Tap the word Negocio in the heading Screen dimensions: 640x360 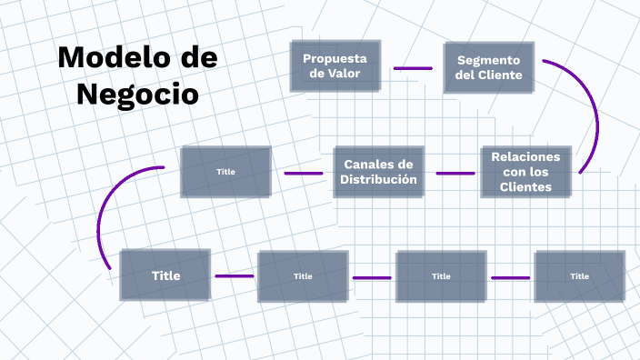pos(137,93)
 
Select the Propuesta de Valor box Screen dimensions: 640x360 pos(335,66)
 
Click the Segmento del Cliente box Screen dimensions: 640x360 pos(488,67)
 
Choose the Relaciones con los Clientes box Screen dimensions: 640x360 pos(525,172)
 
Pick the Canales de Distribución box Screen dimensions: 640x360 pos(378,172)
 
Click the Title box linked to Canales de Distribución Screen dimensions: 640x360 pos(225,172)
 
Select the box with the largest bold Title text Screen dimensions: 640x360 pos(165,275)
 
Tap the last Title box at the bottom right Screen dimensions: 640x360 pos(579,276)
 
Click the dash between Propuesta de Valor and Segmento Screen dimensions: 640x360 pos(413,68)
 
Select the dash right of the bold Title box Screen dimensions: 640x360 pos(234,276)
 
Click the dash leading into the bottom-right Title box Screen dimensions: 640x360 pos(510,276)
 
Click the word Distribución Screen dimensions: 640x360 pos(378,180)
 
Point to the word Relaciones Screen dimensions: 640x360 pos(525,156)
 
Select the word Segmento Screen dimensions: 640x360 pos(488,59)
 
